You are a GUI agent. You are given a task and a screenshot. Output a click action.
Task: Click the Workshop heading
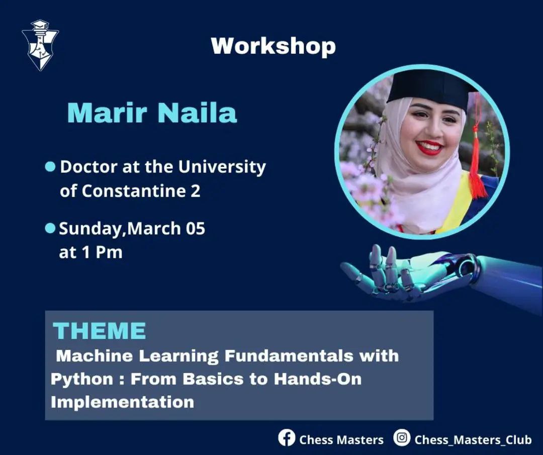click(273, 46)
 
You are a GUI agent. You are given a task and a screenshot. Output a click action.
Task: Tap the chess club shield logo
click(40, 45)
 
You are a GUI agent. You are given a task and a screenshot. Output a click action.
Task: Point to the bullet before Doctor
click(51, 167)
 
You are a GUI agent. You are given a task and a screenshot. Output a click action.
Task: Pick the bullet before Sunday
click(51, 229)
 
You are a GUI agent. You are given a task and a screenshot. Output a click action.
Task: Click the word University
click(222, 167)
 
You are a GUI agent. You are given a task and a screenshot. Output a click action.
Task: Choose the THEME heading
click(100, 331)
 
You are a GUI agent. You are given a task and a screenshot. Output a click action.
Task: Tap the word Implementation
click(122, 402)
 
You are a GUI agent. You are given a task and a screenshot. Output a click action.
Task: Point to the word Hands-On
click(318, 379)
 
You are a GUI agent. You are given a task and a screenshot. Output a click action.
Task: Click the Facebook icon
click(287, 438)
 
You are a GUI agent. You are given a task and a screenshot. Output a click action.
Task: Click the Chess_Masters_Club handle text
click(473, 440)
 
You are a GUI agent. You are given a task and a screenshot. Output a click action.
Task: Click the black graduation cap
click(433, 86)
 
